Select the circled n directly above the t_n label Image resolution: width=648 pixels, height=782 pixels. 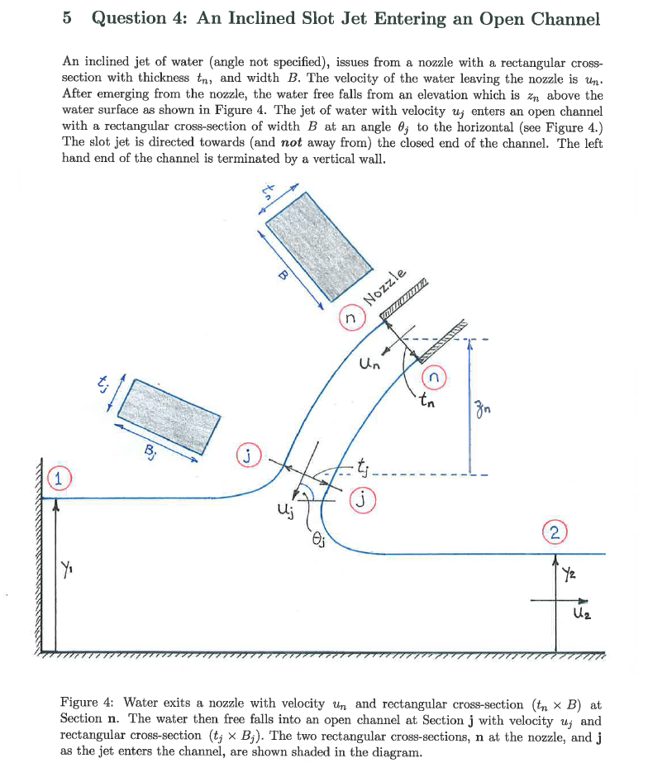pyautogui.click(x=436, y=379)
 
